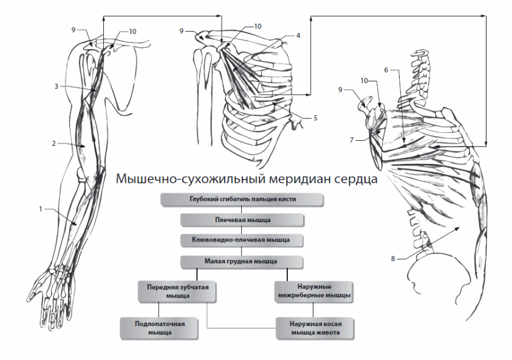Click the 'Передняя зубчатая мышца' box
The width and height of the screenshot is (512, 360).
coord(176,290)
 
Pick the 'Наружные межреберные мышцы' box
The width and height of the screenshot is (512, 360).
coord(314,290)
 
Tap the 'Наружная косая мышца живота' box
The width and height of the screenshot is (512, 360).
coord(314,328)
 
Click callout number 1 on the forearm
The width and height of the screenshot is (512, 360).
coord(39,209)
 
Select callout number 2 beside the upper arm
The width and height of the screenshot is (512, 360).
coord(53,144)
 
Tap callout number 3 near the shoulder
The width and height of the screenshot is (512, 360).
coord(55,86)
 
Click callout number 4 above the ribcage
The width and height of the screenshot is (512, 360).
coord(298,35)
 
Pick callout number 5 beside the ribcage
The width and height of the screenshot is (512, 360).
coord(315,117)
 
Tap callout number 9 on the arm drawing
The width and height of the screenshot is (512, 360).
coord(73,29)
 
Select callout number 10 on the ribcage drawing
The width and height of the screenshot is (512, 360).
coord(258,27)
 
